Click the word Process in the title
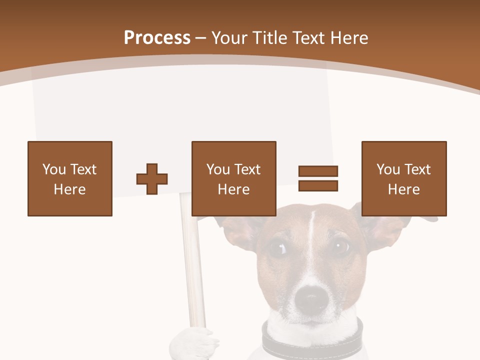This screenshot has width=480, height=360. click(157, 38)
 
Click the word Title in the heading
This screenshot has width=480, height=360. click(270, 38)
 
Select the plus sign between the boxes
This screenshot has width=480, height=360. click(152, 178)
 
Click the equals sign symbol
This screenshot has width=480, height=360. click(318, 178)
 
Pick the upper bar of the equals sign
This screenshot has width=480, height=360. click(318, 171)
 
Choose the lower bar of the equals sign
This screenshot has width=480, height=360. click(318, 185)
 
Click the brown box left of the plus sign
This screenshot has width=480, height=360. click(70, 178)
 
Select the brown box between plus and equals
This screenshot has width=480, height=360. click(234, 178)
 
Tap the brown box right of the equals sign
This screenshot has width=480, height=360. click(404, 178)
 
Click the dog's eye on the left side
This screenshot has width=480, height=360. click(276, 247)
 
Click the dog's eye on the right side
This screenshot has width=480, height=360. click(341, 245)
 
